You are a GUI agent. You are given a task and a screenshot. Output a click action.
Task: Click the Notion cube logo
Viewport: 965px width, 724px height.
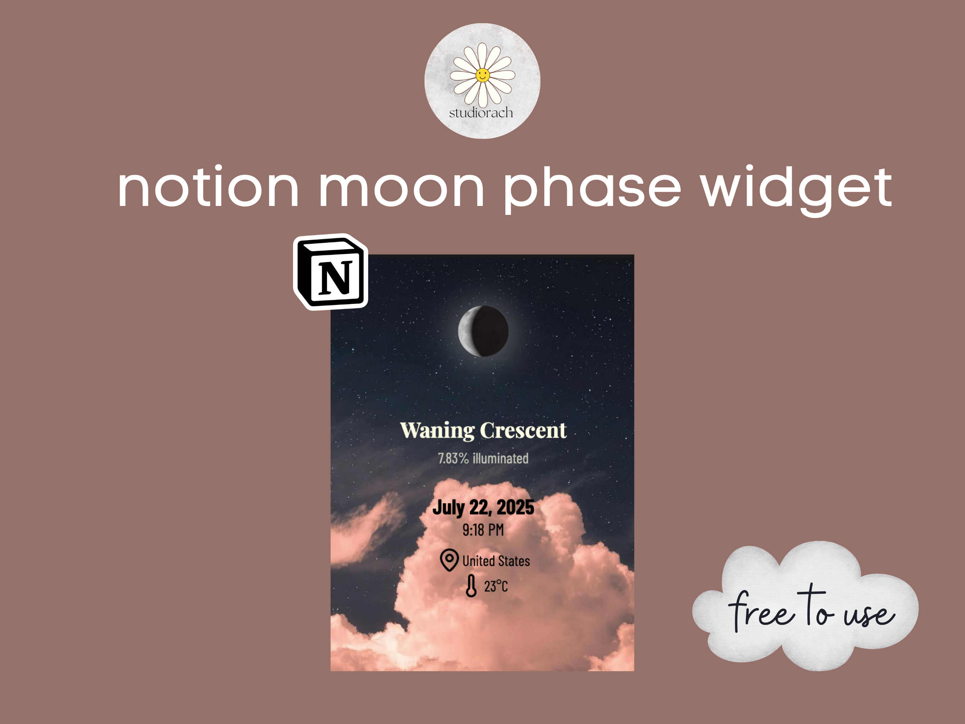[331, 272]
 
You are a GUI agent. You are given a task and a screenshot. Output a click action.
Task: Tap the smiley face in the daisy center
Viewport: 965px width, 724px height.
[482, 75]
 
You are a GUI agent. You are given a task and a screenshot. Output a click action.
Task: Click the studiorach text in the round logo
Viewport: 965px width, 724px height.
[481, 113]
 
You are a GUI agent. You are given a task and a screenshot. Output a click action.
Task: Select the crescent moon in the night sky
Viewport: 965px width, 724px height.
[483, 331]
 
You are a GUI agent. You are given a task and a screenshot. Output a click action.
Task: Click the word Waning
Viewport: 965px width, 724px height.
[437, 431]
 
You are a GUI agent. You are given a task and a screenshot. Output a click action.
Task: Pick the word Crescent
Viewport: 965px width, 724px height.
[524, 430]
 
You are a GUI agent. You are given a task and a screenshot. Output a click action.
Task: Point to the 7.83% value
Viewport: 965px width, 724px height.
[453, 458]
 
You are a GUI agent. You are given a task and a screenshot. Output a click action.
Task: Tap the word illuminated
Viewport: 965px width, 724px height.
[501, 458]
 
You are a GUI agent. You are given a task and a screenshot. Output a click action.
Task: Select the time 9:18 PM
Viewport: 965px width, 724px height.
[483, 530]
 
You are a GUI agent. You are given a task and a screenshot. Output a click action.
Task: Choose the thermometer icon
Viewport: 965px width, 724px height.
[471, 586]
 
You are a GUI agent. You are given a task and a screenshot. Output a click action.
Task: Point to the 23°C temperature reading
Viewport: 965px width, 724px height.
[496, 586]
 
